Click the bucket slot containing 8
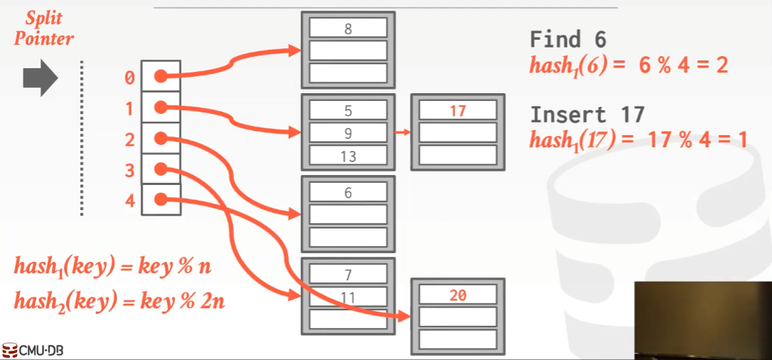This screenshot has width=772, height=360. pyautogui.click(x=348, y=28)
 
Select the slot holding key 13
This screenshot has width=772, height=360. pyautogui.click(x=348, y=157)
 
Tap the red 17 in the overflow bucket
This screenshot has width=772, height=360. pyautogui.click(x=458, y=111)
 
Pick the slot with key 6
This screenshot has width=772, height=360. pyautogui.click(x=348, y=193)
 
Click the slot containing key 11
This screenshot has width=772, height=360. pyautogui.click(x=348, y=297)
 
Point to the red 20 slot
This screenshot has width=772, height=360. pyautogui.click(x=458, y=295)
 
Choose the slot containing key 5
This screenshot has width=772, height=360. pyautogui.click(x=348, y=111)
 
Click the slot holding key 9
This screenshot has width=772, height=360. pyautogui.click(x=348, y=133)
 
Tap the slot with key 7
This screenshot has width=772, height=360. pyautogui.click(x=348, y=275)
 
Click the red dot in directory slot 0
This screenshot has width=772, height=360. pyautogui.click(x=161, y=76)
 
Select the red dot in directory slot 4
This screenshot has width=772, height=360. pyautogui.click(x=161, y=200)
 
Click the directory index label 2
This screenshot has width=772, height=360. pyautogui.click(x=129, y=139)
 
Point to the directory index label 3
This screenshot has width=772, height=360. pyautogui.click(x=129, y=170)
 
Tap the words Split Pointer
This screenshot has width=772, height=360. pyautogui.click(x=43, y=29)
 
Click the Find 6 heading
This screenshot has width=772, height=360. pyautogui.click(x=567, y=39)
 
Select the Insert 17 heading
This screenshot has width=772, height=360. pyautogui.click(x=587, y=115)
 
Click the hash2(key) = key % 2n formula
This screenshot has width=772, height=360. pyautogui.click(x=120, y=301)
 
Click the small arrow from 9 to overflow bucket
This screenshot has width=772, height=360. pyautogui.click(x=403, y=132)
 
